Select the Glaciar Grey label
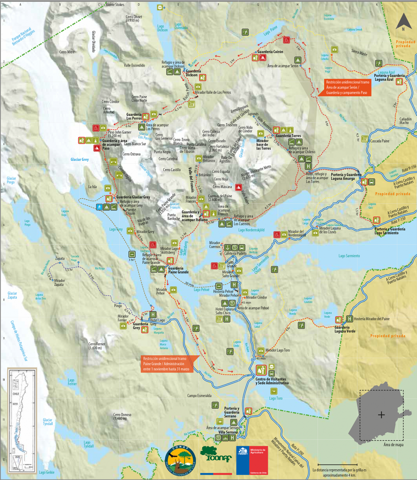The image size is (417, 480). coord(82,159)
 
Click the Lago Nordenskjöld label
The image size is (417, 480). coord(251,230)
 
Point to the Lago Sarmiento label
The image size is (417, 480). coord(349,256)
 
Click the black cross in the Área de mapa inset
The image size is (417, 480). coord(381,415)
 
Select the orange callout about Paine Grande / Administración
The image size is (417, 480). coord(167,364)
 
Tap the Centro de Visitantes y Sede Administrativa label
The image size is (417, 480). coord(272,381)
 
